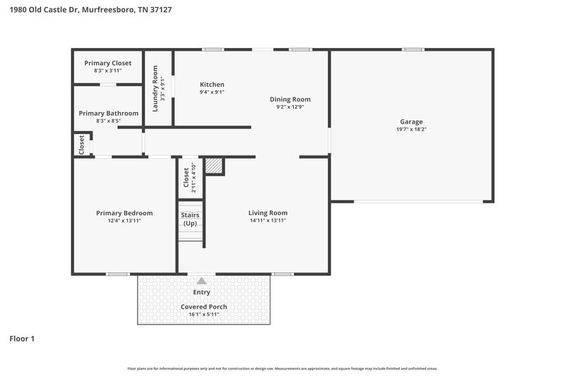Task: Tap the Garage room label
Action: [411, 121]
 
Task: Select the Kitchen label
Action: [212, 84]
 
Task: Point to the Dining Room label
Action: [290, 99]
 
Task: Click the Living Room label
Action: [268, 212]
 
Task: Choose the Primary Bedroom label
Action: [124, 212]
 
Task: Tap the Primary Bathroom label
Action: [108, 113]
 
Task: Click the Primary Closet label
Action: [108, 63]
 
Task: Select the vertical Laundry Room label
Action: [155, 89]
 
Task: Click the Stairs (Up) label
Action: [190, 219]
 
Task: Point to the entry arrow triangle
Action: [202, 281]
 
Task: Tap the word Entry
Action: [202, 292]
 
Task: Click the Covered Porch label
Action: [204, 307]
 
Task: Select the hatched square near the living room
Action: [214, 166]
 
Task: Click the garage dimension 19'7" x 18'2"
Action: [411, 130]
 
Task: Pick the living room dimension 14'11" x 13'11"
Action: [268, 221]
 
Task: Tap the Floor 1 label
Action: [22, 339]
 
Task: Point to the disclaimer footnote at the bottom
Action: [282, 368]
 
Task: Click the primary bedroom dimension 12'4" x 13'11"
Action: [124, 221]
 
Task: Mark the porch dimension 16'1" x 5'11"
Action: [204, 315]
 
